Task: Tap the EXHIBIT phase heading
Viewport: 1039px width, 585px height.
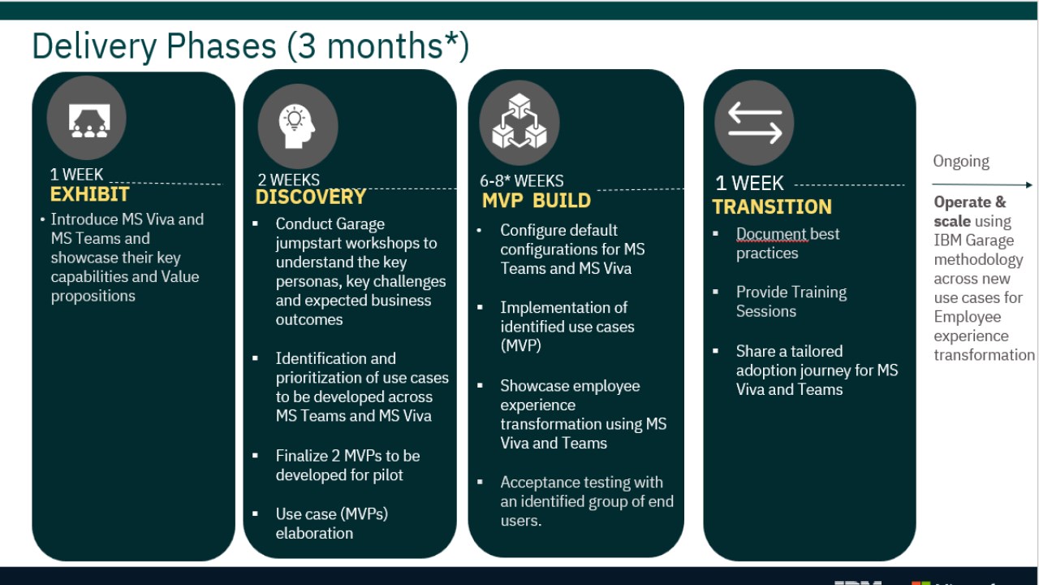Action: point(89,194)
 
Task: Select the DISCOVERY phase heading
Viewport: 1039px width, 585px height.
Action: point(311,197)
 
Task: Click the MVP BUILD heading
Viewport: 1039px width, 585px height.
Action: point(537,201)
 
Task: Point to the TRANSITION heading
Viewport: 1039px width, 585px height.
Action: point(772,206)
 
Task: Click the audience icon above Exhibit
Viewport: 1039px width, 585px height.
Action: point(89,121)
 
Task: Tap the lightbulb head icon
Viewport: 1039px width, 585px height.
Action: point(296,126)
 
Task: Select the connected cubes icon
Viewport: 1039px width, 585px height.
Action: point(519,121)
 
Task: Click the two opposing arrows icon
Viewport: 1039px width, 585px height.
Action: point(755,123)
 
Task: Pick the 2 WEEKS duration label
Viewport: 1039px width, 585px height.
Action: point(288,180)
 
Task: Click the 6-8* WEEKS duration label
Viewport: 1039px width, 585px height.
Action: point(522,180)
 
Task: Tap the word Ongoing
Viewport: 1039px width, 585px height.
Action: point(961,161)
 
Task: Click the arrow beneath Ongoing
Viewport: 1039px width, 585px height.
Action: point(982,184)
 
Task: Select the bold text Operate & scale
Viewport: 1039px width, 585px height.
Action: point(969,211)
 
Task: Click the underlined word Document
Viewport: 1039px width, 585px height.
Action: point(772,234)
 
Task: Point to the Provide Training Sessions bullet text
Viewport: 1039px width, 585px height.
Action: point(791,301)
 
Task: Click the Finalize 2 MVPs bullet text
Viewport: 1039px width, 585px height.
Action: point(347,466)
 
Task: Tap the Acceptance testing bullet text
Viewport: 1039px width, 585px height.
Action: point(587,501)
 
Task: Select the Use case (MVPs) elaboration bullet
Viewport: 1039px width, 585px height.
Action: point(332,523)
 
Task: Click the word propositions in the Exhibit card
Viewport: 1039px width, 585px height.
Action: point(93,297)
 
